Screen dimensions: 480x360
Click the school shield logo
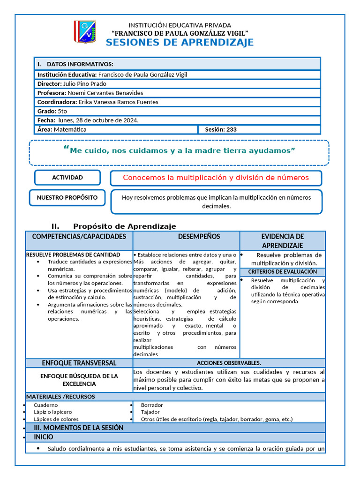84,32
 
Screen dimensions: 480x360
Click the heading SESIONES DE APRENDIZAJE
180,43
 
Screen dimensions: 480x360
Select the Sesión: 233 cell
221,129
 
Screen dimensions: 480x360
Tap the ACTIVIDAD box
67,178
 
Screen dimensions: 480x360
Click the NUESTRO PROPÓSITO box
67,197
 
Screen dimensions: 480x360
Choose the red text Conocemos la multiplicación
216,178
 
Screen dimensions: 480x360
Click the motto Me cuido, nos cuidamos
179,150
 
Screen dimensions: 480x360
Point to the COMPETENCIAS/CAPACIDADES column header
79,237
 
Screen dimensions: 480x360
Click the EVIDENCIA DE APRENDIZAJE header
283,241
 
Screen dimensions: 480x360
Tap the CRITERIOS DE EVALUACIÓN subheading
282,272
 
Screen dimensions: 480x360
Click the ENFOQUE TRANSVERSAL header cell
79,363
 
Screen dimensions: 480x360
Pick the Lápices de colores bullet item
56,419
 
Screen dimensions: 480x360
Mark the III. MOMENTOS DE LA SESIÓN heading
78,427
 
